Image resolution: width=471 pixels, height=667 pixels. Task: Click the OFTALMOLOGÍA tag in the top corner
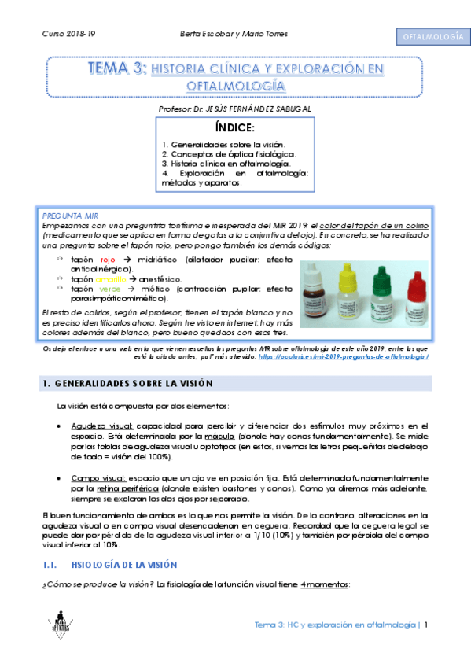(431, 37)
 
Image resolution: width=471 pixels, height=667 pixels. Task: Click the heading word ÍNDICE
(235, 128)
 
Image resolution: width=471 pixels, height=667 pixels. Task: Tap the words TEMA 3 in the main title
(117, 69)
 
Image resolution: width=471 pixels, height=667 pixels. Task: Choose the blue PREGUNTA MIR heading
(68, 214)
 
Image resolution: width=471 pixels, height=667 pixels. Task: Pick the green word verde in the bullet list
(110, 289)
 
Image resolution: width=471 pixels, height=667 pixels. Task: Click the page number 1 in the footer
(425, 625)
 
